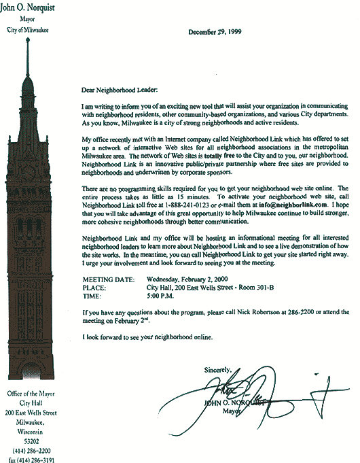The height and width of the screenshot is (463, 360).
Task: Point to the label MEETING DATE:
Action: (x=109, y=279)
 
